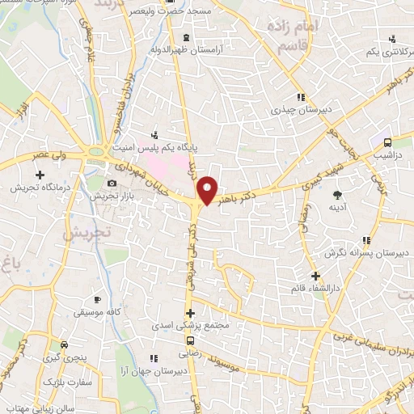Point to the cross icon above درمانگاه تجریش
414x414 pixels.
39,174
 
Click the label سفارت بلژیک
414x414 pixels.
63,380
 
